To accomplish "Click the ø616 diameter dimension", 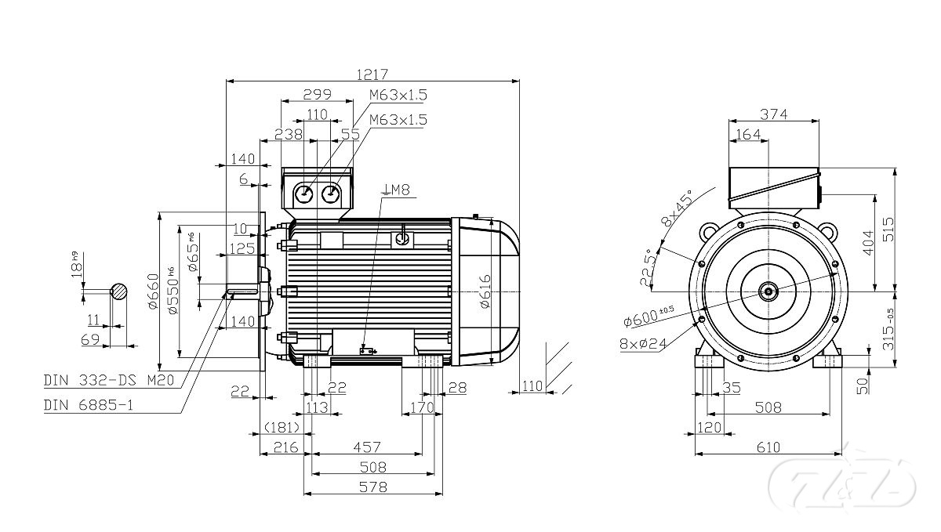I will coord(485,291).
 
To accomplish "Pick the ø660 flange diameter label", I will coord(154,290).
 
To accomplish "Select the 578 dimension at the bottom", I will coord(373,487).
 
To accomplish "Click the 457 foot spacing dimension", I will coord(367,447).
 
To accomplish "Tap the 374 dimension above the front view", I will coord(774,114).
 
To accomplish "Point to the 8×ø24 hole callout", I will coord(643,342).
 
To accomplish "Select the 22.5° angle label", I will coord(648,269).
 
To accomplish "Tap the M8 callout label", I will coord(398,189).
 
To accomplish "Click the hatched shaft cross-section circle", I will coord(118,291).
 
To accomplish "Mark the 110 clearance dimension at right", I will coord(532,385).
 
